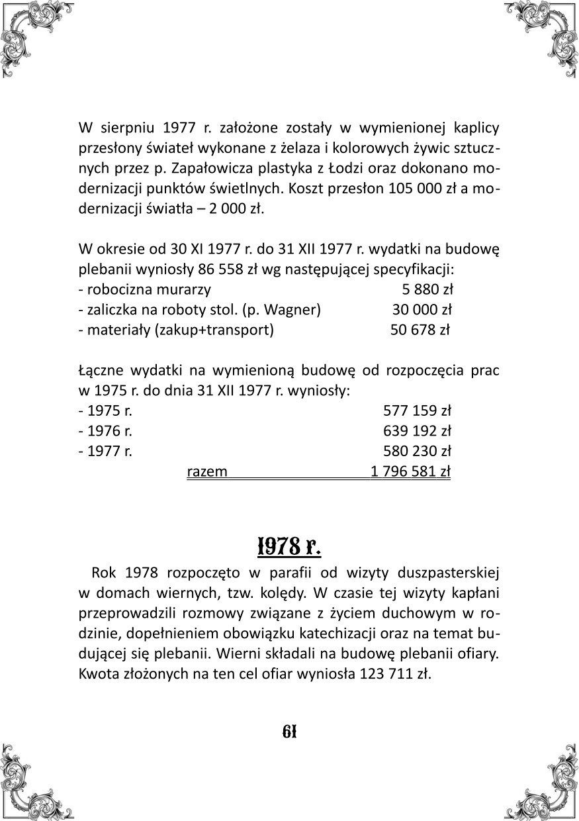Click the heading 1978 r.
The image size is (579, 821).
289,547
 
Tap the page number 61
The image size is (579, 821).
289,732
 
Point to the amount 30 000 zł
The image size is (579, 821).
422,309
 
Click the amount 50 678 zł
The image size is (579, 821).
420,330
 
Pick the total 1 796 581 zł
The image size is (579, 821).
410,471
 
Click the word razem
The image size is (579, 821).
207,471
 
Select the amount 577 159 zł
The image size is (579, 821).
418,410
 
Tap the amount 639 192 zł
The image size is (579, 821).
418,431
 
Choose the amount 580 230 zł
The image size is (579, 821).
418,452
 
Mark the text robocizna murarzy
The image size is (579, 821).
148,289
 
